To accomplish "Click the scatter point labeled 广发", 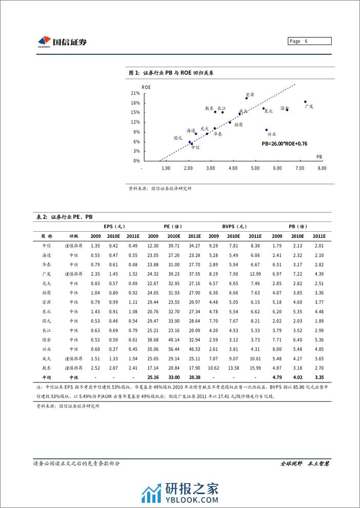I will pos(305,102).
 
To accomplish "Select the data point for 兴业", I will pos(266,130).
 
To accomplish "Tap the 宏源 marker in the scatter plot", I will pos(247,98).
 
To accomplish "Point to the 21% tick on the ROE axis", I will pos(135,93).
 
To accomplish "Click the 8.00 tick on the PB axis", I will pos(322,168).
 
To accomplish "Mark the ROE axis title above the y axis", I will pos(146,87).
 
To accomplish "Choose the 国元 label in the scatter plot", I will pos(178,137).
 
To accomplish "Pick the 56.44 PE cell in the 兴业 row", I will pos(174,350).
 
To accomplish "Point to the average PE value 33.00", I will pos(174,377).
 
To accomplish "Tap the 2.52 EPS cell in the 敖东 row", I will pos(95,368).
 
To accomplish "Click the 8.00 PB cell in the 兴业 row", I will pos(277,350).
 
